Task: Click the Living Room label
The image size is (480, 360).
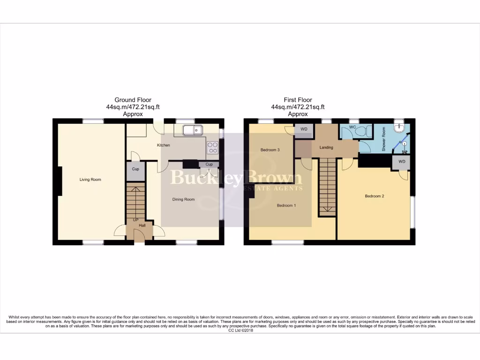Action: (x=90, y=180)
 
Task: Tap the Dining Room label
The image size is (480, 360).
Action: (x=183, y=199)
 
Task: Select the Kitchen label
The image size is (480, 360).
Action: (x=163, y=145)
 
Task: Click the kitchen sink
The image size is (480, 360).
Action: (x=192, y=130)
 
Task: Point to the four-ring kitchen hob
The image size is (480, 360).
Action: (x=212, y=148)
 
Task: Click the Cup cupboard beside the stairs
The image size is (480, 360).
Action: (x=135, y=170)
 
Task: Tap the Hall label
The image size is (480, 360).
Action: (x=142, y=225)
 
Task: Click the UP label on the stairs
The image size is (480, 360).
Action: (x=136, y=220)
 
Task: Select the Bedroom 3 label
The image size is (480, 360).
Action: (x=270, y=150)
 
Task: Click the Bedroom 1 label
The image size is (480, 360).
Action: (x=286, y=205)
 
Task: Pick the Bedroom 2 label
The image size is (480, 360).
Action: (x=375, y=196)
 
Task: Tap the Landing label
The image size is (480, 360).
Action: (x=326, y=148)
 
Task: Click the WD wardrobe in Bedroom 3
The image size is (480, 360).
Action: (x=304, y=129)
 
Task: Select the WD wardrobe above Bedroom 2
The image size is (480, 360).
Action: (x=402, y=162)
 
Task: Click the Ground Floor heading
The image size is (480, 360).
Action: (x=133, y=100)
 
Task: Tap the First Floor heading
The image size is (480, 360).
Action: (x=298, y=100)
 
